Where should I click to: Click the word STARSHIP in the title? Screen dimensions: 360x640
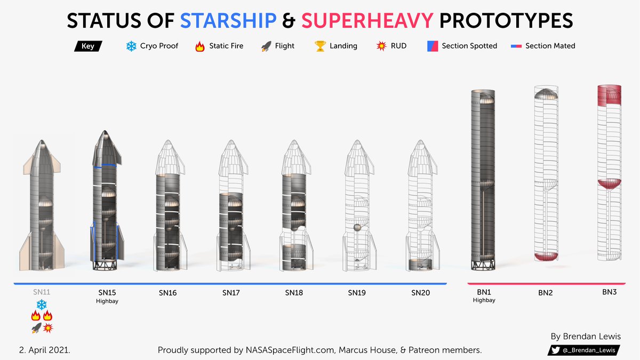coord(228,21)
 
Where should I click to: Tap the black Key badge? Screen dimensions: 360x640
coord(88,46)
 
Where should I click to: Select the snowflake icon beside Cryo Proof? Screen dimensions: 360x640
coord(131,46)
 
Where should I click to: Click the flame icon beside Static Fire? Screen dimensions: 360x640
coord(200,46)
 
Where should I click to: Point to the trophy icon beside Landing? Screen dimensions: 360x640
coord(320,46)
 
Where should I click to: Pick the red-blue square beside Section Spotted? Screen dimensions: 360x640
coord(433,46)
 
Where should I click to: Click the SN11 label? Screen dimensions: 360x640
coord(42,292)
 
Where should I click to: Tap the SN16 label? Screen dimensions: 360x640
coord(167,293)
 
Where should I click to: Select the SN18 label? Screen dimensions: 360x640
coord(294,293)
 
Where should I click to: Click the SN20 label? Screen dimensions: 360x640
coord(420,293)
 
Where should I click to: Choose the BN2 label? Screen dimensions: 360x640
coord(546,293)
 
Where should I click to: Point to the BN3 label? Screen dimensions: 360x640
coord(610,292)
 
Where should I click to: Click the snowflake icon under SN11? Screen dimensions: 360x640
coord(42,305)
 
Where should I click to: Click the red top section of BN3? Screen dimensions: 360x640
coord(610,96)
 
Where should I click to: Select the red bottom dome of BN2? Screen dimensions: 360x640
coord(546,257)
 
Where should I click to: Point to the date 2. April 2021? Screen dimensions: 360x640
coord(44,350)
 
